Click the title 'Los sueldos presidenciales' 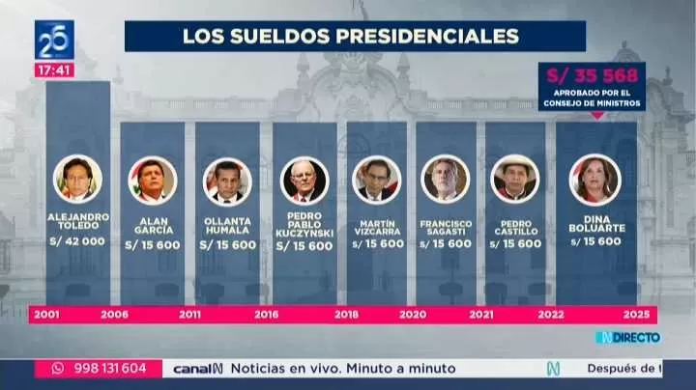[351, 36]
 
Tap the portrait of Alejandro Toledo [77, 180]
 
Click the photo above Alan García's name [152, 181]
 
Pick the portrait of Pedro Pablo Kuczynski [304, 181]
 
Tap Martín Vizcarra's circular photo [377, 180]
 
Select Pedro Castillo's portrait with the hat [515, 179]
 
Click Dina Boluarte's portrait [594, 179]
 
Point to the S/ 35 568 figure [592, 74]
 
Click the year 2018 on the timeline [346, 315]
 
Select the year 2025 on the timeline [637, 315]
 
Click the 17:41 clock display [54, 70]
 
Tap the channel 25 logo [54, 41]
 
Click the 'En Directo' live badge [627, 337]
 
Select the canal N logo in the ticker [197, 368]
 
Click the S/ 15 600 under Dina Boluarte [595, 241]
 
